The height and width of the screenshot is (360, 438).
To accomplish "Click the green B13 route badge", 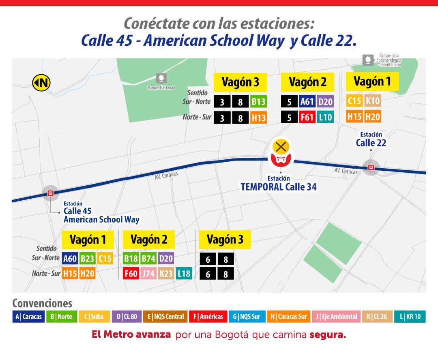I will coord(258,102).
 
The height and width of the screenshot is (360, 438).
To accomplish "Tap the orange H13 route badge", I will coord(258,118).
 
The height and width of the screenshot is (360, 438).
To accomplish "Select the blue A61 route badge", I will coord(307,102).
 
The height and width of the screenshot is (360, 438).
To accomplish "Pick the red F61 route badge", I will coord(307,118).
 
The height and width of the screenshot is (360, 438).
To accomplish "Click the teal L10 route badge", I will coord(325,118).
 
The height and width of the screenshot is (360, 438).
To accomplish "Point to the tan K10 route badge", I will coord(373,101).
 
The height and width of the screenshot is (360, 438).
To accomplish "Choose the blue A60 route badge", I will coord(70,258).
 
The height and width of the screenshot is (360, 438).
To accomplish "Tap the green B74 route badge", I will coord(148,258).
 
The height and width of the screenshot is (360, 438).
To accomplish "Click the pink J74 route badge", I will coord(148,274).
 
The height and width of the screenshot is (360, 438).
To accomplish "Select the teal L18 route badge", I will coord(184,274).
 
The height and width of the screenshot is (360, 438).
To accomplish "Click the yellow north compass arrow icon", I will coord(41,83).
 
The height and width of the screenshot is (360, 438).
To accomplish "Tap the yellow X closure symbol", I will coord(280,146).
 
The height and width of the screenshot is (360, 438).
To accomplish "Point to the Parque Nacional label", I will coord(161,87).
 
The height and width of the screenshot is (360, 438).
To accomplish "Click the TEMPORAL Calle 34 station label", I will coord(279,187).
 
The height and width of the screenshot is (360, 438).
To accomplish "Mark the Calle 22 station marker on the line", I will coord(371,167).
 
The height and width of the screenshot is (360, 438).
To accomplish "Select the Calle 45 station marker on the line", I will coord(51,193).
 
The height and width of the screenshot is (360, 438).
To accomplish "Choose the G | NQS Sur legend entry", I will coord(247,317).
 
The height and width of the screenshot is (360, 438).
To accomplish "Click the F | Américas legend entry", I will coord(208,317).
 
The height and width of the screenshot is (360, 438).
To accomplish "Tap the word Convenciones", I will coord(42,303).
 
